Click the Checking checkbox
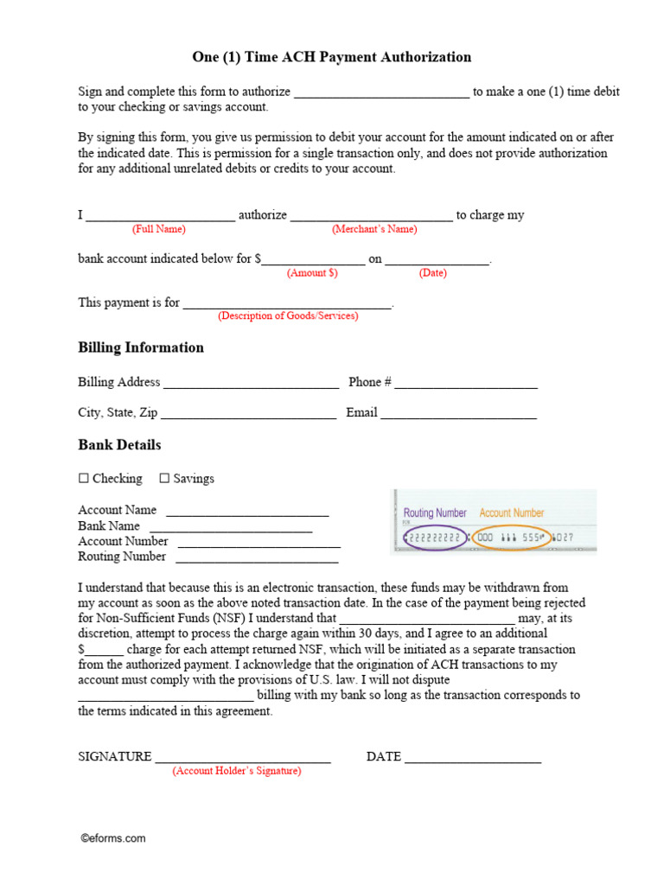[x=84, y=478]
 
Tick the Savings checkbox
[x=164, y=478]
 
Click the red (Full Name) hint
[x=158, y=229]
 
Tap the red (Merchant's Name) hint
[x=374, y=229]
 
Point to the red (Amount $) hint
[x=312, y=272]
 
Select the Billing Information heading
[x=141, y=347]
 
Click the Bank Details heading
[x=119, y=445]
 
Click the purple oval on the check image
[x=436, y=537]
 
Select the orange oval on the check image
[x=511, y=537]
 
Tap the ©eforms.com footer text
[x=113, y=837]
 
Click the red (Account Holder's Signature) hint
[x=237, y=771]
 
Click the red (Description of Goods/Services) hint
[x=288, y=315]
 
